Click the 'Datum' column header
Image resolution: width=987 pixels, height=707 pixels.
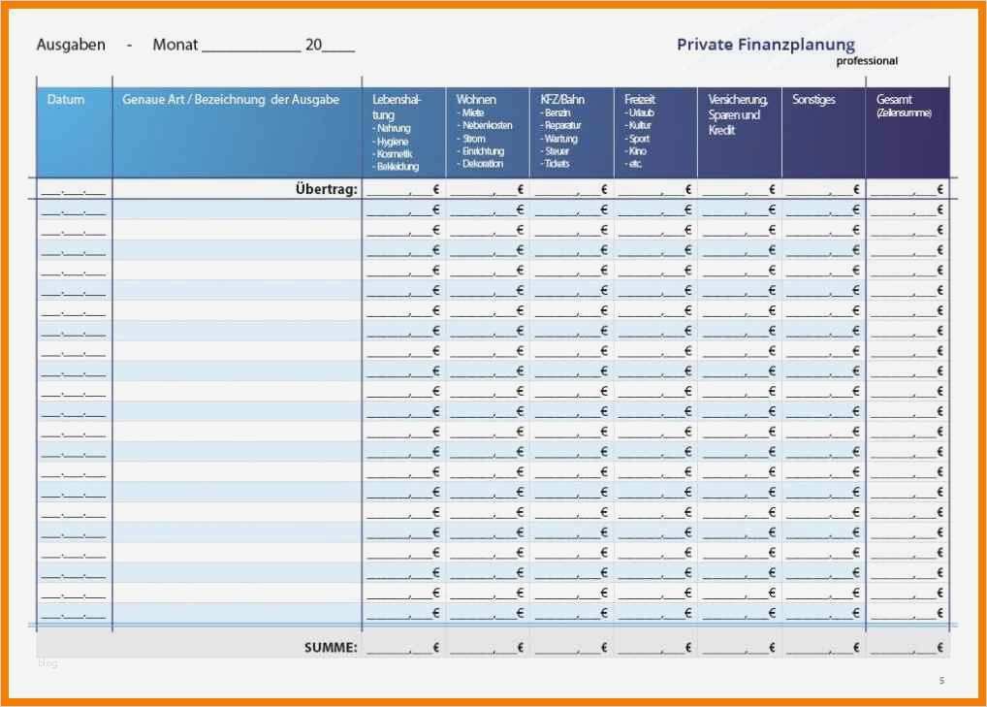click(66, 100)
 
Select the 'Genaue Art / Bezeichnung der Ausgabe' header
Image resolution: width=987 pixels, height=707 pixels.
click(231, 100)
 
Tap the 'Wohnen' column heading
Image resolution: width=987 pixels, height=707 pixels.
click(476, 99)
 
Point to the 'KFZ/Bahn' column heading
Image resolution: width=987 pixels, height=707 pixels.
click(562, 99)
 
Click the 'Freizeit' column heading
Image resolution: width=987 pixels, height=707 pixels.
click(640, 99)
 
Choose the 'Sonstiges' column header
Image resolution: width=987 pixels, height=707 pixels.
click(813, 99)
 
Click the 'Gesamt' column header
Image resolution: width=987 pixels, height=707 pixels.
click(894, 99)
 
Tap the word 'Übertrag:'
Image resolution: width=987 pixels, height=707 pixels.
click(326, 190)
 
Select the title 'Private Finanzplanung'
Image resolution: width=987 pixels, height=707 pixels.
click(766, 44)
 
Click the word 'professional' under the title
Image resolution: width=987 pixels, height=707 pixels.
click(867, 61)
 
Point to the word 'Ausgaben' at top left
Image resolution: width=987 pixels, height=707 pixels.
click(71, 45)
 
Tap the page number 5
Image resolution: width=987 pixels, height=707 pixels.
click(940, 681)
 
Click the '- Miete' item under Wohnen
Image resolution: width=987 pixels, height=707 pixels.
click(473, 113)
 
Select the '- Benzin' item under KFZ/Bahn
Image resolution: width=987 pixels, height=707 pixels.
click(558, 113)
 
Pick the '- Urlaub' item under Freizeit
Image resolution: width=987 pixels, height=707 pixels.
click(641, 113)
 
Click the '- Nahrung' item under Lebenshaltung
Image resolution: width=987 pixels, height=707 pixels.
click(392, 128)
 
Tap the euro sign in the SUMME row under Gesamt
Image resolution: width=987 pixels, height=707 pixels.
click(939, 646)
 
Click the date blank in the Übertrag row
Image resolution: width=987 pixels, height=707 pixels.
click(74, 191)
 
